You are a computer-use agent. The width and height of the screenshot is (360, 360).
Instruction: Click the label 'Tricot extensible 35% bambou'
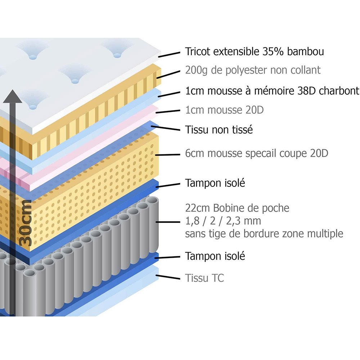pos(255,51)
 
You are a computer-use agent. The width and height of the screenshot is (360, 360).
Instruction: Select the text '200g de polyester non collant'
pos(253,70)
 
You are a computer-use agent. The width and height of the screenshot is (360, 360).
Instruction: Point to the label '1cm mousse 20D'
pos(224,110)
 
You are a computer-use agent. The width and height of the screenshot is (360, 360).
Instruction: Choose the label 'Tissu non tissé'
pos(219,130)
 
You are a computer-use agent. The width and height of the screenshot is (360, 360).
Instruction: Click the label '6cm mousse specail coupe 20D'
pos(257,153)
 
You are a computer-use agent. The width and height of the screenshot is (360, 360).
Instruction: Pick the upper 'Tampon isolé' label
pos(215,183)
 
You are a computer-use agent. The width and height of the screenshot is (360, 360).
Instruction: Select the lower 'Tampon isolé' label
pos(215,256)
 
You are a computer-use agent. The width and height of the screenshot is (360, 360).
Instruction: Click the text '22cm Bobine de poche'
pos(237,208)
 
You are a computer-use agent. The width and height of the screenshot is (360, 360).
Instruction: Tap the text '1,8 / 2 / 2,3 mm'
pos(223,221)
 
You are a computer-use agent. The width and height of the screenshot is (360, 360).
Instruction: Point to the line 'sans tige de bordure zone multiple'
pos(264,234)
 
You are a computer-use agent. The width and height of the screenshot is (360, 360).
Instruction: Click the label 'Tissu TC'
pos(204,278)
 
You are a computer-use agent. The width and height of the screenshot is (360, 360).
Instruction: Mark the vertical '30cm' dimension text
pos(26,223)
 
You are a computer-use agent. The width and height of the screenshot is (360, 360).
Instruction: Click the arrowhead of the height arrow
pos(15,96)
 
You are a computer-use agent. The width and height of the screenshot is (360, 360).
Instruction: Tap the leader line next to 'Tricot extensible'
pos(169,54)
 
